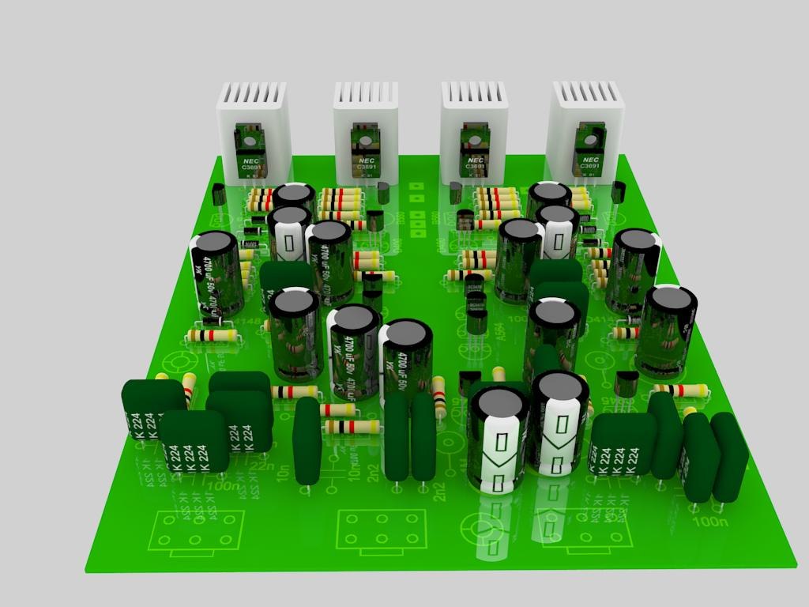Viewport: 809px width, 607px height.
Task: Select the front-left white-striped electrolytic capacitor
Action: [498, 439]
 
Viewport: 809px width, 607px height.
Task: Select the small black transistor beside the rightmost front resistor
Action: [627, 383]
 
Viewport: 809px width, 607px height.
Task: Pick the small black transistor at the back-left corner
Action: [220, 194]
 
